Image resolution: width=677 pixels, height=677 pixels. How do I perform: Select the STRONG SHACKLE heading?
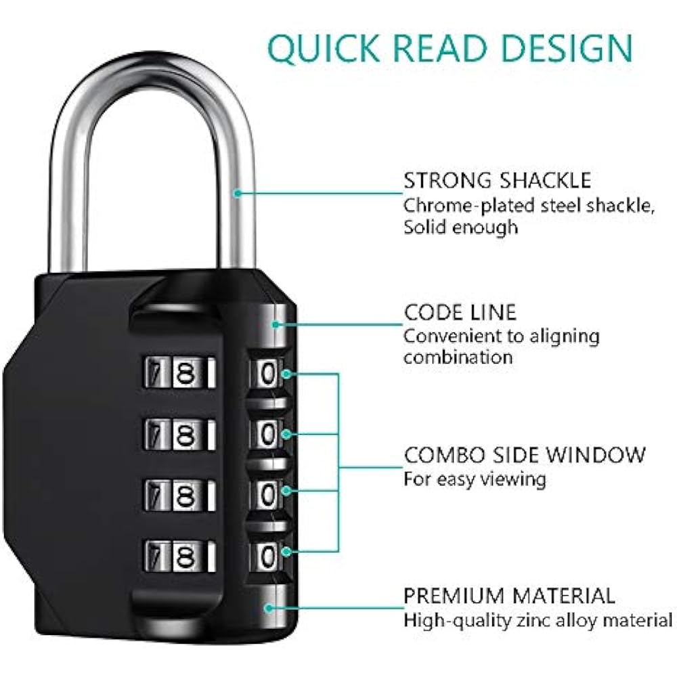[498, 181]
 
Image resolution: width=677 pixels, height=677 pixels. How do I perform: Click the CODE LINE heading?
[460, 312]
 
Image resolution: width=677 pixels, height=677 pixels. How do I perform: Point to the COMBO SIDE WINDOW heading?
[525, 454]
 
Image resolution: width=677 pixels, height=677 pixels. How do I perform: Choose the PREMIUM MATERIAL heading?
[510, 596]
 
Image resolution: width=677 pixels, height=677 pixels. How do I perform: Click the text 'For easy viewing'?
[475, 479]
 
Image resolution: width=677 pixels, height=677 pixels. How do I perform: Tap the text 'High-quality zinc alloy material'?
[538, 620]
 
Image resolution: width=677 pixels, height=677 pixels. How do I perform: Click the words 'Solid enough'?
[460, 227]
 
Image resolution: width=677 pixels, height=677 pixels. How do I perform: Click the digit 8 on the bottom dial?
[183, 555]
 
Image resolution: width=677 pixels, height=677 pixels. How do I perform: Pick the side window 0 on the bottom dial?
[269, 556]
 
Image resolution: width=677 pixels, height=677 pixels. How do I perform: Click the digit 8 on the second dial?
[183, 434]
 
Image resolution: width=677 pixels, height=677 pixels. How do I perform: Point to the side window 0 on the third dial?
[269, 495]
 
